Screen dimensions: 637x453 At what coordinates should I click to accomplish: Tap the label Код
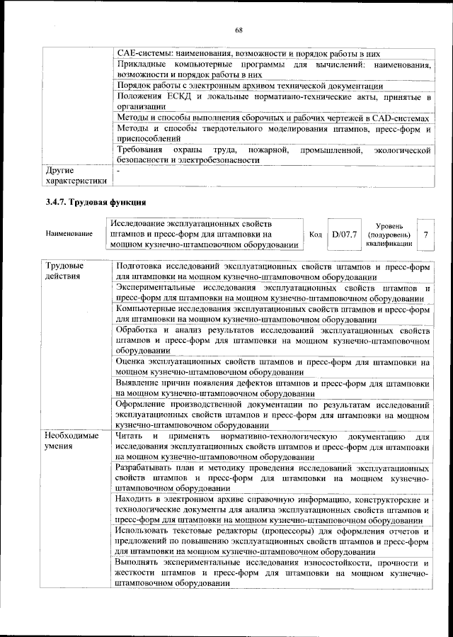[316, 233]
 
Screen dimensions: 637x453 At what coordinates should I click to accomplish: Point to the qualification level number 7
[425, 233]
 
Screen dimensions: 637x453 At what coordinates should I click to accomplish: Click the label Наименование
[69, 233]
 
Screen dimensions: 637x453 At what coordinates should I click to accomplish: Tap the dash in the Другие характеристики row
[119, 171]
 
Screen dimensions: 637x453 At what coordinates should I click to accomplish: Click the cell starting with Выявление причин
[273, 388]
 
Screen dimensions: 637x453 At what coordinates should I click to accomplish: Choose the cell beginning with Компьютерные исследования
[273, 315]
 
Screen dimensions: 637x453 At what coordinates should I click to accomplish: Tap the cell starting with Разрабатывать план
[273, 479]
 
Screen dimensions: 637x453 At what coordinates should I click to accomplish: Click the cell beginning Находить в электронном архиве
[273, 510]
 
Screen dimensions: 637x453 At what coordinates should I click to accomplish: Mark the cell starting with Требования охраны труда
[273, 155]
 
